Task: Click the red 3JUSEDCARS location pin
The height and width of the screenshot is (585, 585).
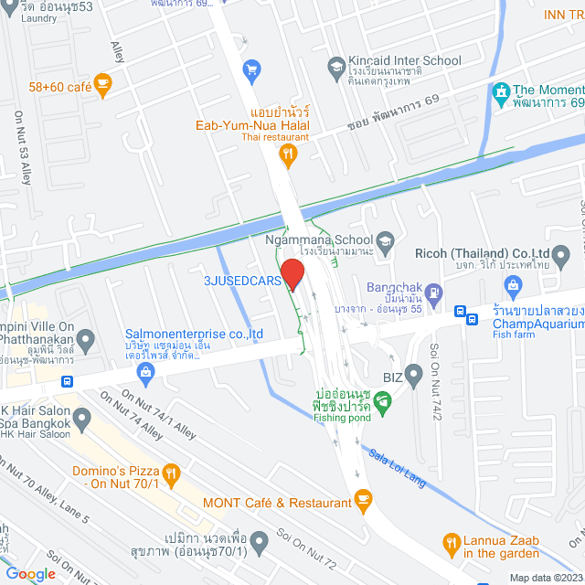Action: (292, 274)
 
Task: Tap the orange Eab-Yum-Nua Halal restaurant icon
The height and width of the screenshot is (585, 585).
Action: (290, 155)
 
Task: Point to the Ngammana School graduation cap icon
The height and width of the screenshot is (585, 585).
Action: (386, 240)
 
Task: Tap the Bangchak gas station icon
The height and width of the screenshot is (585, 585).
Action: (434, 294)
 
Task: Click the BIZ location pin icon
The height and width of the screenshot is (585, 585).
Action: (414, 373)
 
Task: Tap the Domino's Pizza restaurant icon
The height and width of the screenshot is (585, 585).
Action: (171, 473)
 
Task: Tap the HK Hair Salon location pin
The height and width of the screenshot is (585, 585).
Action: (82, 420)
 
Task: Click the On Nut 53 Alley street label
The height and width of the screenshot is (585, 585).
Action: (23, 146)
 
